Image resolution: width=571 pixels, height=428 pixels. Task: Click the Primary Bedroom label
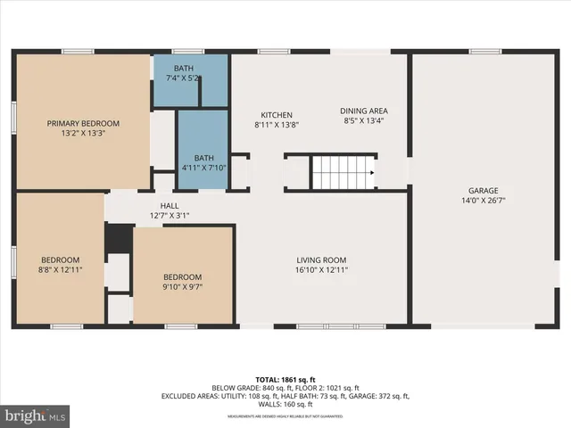tap(83, 123)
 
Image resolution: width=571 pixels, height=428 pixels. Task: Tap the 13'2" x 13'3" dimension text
tap(83, 134)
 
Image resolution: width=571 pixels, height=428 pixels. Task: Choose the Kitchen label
tap(277, 114)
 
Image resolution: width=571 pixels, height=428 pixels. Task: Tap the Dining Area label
tap(363, 111)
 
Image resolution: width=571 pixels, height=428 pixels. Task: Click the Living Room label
tap(322, 259)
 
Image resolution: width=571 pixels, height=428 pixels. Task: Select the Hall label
tap(170, 205)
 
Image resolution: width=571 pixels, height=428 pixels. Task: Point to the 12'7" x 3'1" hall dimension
tap(170, 215)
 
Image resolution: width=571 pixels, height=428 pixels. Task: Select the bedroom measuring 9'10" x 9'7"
tap(182, 282)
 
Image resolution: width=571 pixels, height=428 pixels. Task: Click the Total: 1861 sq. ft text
tap(285, 379)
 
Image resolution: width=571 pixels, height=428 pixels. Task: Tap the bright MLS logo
tap(36, 416)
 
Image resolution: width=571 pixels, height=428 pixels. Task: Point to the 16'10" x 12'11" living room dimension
tap(322, 269)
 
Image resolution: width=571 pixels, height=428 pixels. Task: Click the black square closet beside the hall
tap(118, 238)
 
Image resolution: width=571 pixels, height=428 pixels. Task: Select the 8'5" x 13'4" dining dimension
tap(363, 121)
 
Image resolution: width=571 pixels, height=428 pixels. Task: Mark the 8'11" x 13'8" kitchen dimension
tap(277, 125)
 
